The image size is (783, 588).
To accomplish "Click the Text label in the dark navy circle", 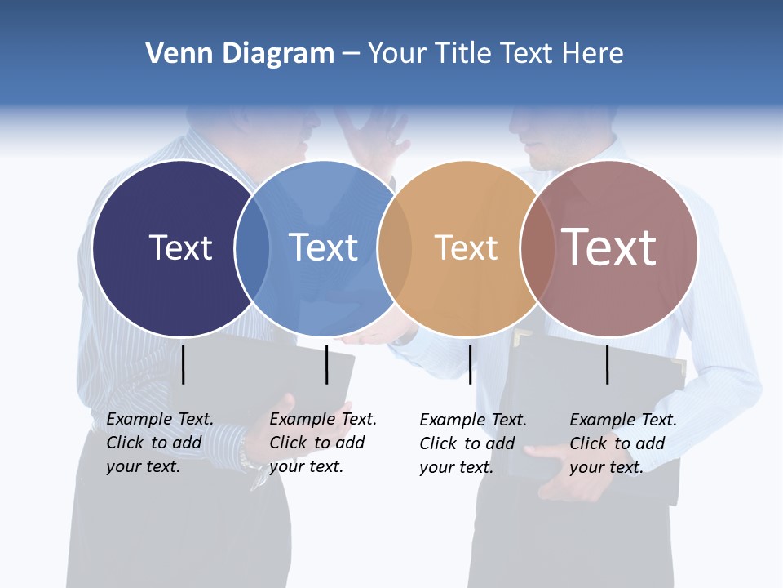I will click(x=180, y=247).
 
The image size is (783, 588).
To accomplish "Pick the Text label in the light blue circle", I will click(x=324, y=247).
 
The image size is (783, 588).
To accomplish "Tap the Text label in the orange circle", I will click(x=466, y=248).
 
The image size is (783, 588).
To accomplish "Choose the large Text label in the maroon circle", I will click(x=609, y=247).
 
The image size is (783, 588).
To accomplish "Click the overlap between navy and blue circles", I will click(x=252, y=248).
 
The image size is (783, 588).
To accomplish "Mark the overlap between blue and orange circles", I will click(x=395, y=248).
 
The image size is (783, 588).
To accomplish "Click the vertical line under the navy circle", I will click(x=184, y=364).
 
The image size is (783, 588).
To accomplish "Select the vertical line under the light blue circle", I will click(x=326, y=364).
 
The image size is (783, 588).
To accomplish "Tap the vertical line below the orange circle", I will click(x=471, y=364).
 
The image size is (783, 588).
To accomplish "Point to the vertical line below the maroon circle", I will click(x=608, y=364).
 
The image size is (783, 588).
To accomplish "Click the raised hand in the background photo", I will click(x=374, y=135).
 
